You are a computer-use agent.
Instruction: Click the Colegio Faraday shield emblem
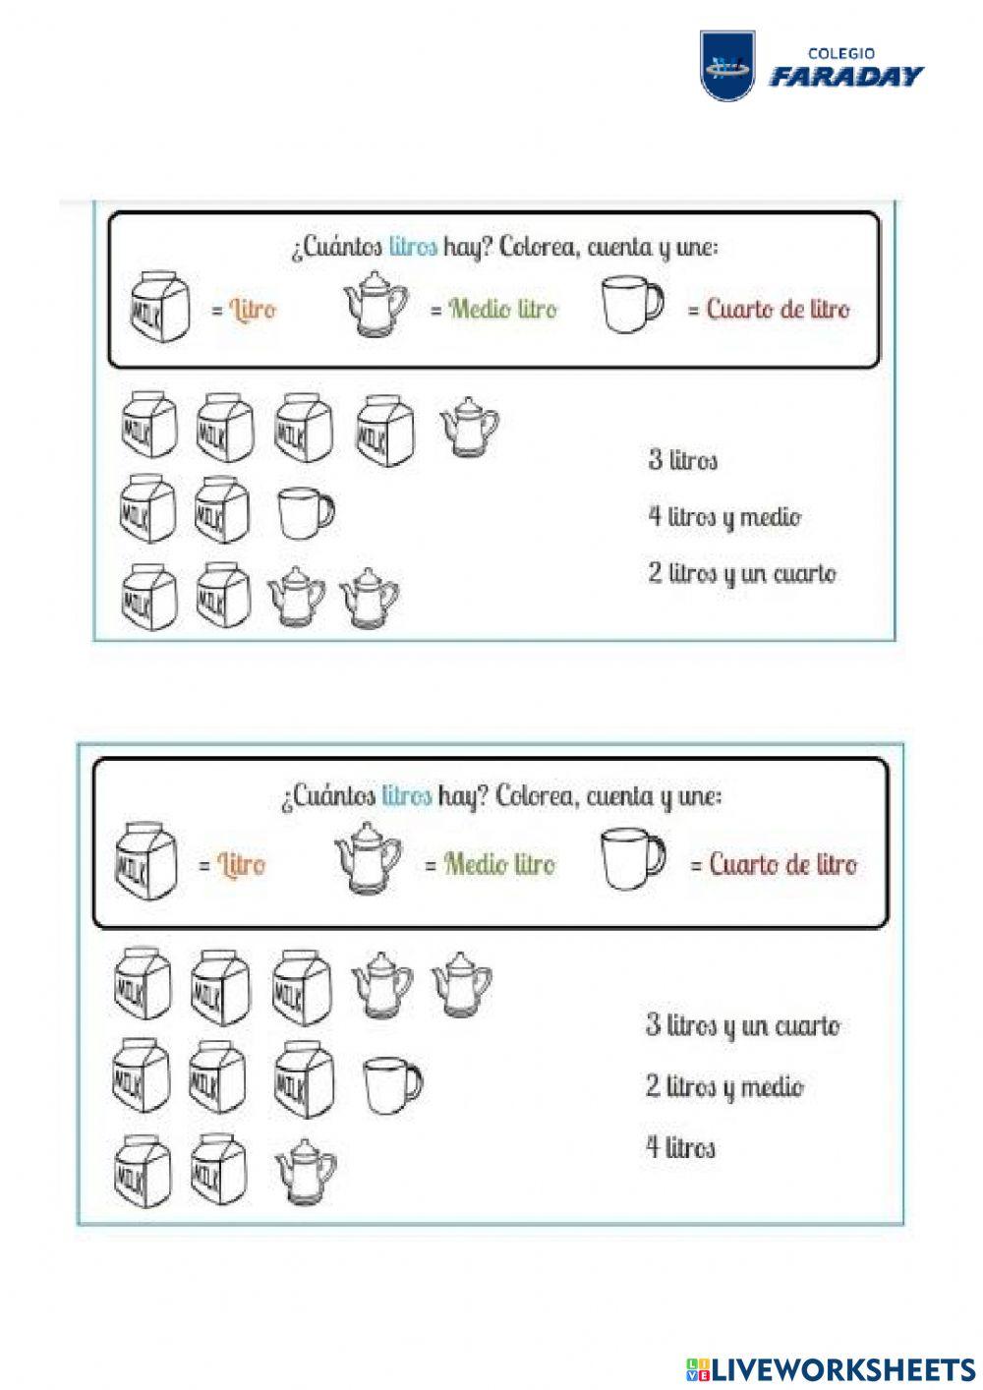727,65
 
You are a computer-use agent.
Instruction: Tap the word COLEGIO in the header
841,54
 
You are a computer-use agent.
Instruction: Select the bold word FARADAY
846,77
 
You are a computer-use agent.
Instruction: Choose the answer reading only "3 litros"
682,459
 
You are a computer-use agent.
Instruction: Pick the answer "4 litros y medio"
724,516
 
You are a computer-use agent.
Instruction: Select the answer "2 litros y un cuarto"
742,573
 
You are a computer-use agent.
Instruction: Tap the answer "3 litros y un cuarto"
743,1025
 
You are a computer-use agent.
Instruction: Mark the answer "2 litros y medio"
724,1086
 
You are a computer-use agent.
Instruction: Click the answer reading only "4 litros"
680,1147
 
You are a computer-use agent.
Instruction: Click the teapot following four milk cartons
469,427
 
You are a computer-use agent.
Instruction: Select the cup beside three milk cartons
391,1083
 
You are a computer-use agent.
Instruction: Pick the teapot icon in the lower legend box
369,858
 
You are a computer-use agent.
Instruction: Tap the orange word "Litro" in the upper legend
253,310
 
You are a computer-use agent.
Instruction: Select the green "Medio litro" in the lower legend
499,864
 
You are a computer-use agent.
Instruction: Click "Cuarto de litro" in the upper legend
778,310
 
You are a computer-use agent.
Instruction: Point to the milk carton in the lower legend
145,862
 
